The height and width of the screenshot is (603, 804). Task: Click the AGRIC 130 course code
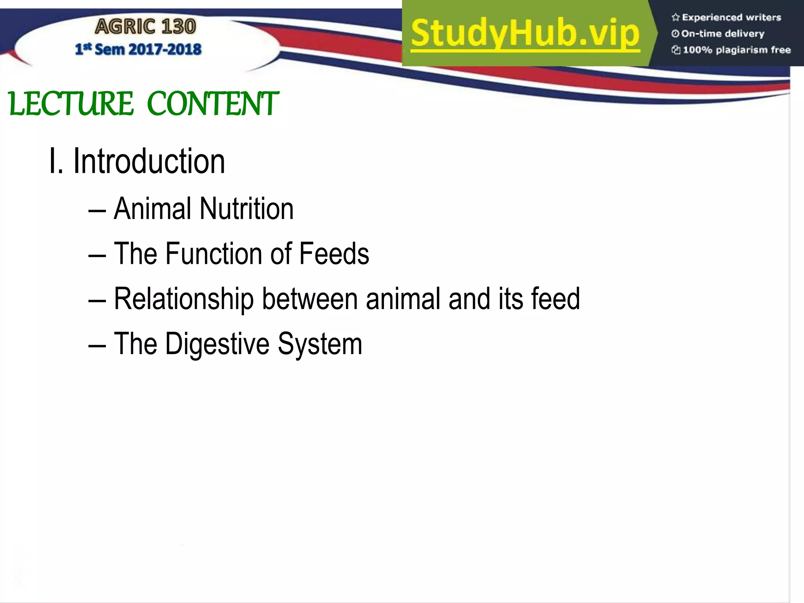[x=145, y=26]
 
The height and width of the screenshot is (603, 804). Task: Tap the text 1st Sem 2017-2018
[x=138, y=49]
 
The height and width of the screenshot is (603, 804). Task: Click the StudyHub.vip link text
[x=525, y=33]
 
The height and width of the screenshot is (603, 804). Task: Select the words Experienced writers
[x=731, y=17]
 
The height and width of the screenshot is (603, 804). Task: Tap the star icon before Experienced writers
[x=675, y=17]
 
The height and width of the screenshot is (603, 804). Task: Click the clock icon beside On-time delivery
[x=675, y=34]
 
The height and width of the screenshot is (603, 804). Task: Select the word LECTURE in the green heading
[x=71, y=104]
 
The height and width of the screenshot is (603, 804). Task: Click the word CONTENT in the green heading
[x=212, y=104]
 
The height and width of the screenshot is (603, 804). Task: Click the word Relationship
[x=184, y=299]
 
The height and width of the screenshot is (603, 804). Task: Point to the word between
[x=310, y=299]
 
